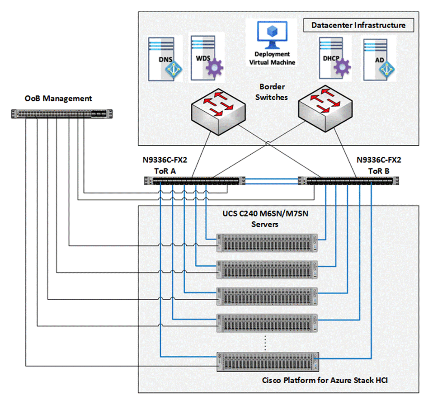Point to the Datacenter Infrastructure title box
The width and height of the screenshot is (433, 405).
358,25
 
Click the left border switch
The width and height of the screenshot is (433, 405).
218,108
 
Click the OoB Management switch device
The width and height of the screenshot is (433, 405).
63,114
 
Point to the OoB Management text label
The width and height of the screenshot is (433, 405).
59,98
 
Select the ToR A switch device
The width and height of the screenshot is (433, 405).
195,181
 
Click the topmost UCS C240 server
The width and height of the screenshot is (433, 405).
268,243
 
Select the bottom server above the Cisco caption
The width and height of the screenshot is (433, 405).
268,362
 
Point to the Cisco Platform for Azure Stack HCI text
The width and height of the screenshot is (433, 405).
325,380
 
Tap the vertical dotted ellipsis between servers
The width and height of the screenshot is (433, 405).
265,342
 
